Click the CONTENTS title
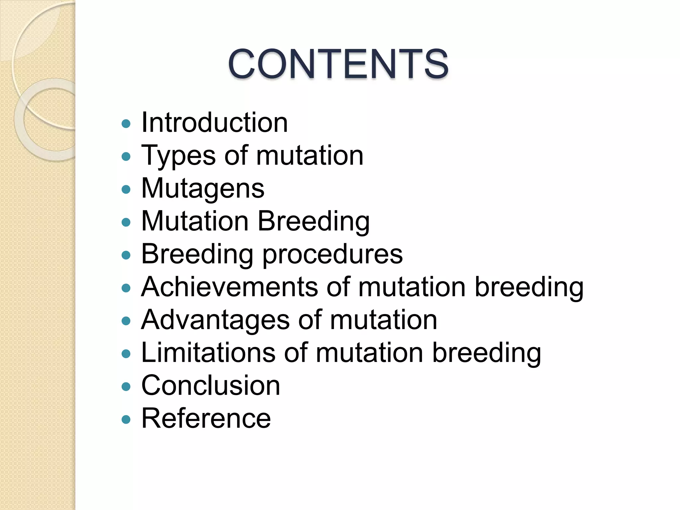pyautogui.click(x=338, y=64)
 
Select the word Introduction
pyautogui.click(x=214, y=123)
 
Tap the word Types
pyautogui.click(x=178, y=156)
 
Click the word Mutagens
pyautogui.click(x=203, y=189)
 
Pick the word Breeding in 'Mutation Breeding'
pyautogui.click(x=313, y=221)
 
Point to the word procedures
pyautogui.click(x=333, y=254)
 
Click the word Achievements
pyautogui.click(x=229, y=287)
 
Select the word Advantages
pyautogui.click(x=215, y=320)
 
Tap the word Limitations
pyautogui.click(x=208, y=353)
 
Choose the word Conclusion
pyautogui.click(x=211, y=385)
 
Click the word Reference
pyautogui.click(x=206, y=418)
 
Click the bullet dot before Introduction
pyautogui.click(x=126, y=124)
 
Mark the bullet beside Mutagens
pyautogui.click(x=126, y=190)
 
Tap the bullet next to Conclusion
pyautogui.click(x=126, y=386)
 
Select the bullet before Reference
pyautogui.click(x=126, y=419)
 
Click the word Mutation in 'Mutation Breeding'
pyautogui.click(x=195, y=221)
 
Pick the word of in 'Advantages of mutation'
pyautogui.click(x=310, y=320)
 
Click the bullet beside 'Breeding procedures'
pyautogui.click(x=126, y=255)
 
